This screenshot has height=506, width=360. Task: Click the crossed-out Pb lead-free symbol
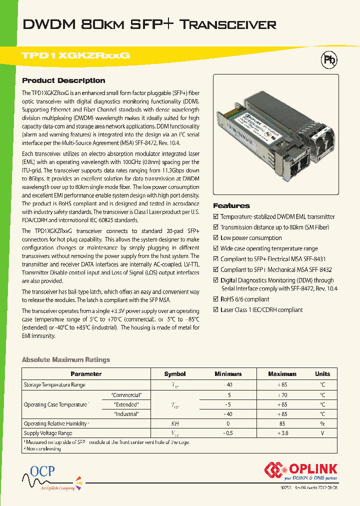click(x=328, y=60)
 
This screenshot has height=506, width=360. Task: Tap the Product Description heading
click(x=63, y=80)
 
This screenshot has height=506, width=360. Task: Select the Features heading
click(x=231, y=205)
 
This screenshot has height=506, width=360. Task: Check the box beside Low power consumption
click(x=216, y=238)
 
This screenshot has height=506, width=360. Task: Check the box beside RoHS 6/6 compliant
click(x=216, y=299)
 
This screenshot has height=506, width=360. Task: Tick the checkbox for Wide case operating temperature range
click(x=216, y=248)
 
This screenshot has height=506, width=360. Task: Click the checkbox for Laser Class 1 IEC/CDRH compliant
click(x=216, y=310)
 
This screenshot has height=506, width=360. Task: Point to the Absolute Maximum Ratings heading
click(x=66, y=359)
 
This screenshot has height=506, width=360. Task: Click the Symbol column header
click(x=175, y=374)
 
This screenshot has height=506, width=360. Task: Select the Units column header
click(x=322, y=374)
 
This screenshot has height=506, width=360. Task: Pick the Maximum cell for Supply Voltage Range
click(x=282, y=433)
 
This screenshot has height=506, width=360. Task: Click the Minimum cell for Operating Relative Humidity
click(x=228, y=423)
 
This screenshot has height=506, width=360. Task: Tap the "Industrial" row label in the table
click(x=126, y=414)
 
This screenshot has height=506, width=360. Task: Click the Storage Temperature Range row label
click(x=55, y=385)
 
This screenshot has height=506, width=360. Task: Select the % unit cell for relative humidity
click(x=322, y=423)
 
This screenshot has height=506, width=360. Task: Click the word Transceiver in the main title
click(x=227, y=24)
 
